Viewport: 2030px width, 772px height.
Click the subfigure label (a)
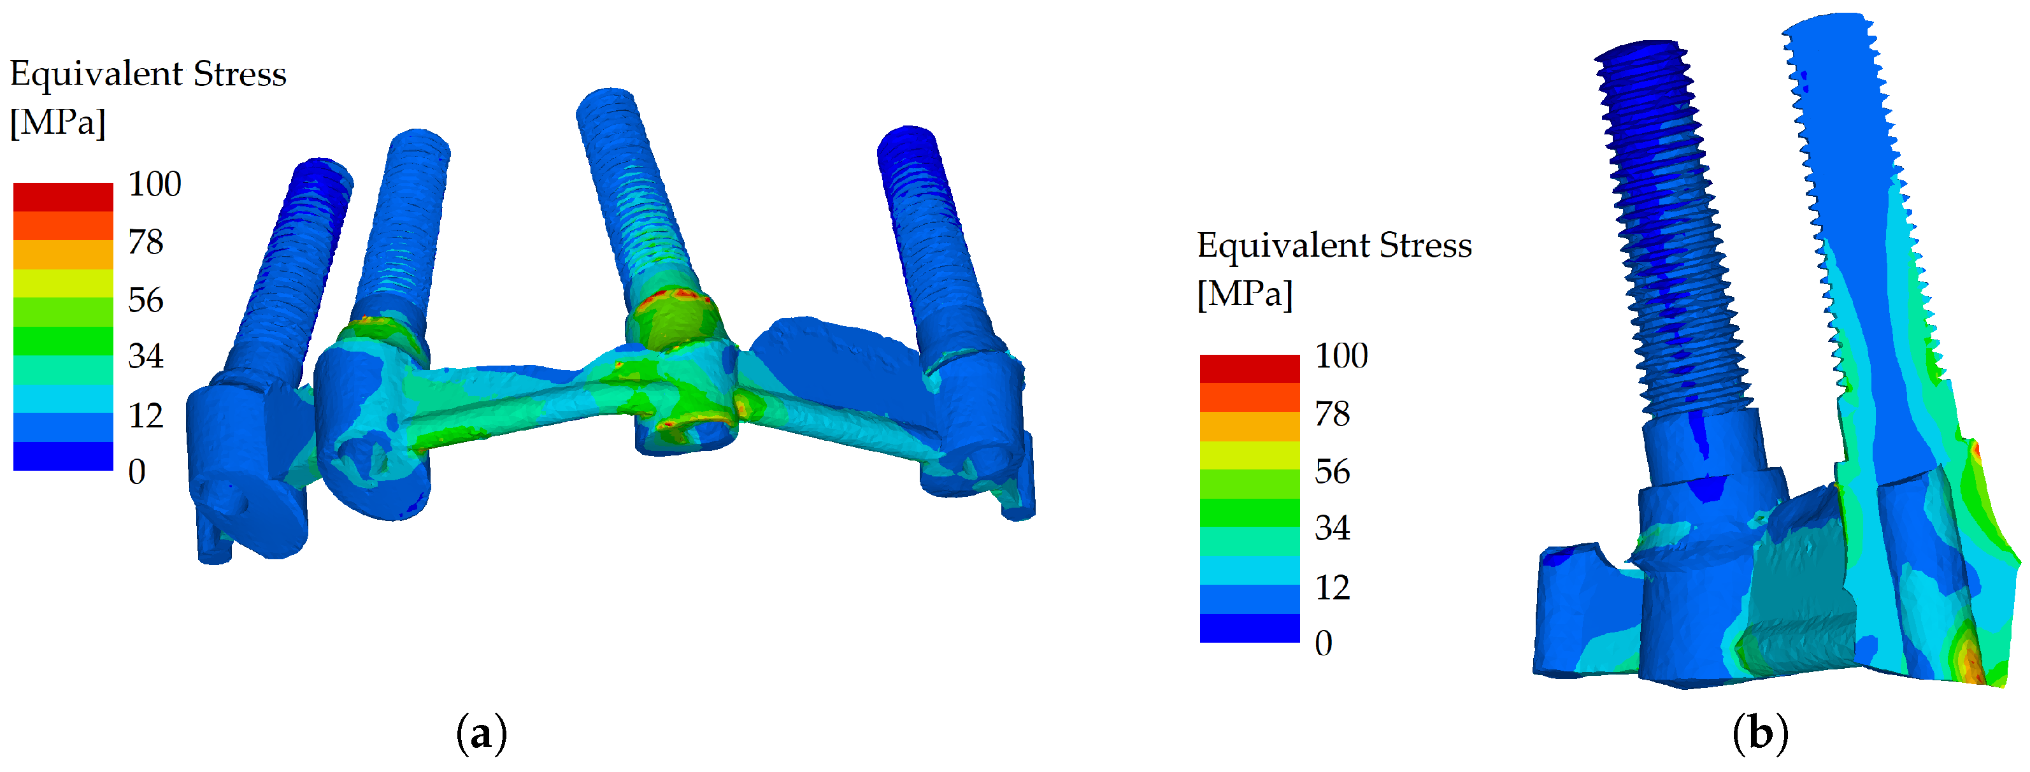pyautogui.click(x=482, y=734)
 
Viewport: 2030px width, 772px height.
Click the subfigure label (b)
pyautogui.click(x=1761, y=734)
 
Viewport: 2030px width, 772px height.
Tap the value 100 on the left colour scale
pyautogui.click(x=154, y=184)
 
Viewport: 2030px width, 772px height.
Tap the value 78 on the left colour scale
pyautogui.click(x=146, y=242)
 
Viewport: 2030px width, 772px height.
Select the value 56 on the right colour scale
pyautogui.click(x=1333, y=471)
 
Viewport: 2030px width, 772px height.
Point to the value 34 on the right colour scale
pyautogui.click(x=1333, y=528)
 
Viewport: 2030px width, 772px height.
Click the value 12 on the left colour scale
pyautogui.click(x=146, y=415)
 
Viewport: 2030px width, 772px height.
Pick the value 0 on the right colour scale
pyautogui.click(x=1324, y=643)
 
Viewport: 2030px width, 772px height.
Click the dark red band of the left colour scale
pyautogui.click(x=63, y=197)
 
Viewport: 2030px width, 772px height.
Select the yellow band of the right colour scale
pyautogui.click(x=1250, y=455)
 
